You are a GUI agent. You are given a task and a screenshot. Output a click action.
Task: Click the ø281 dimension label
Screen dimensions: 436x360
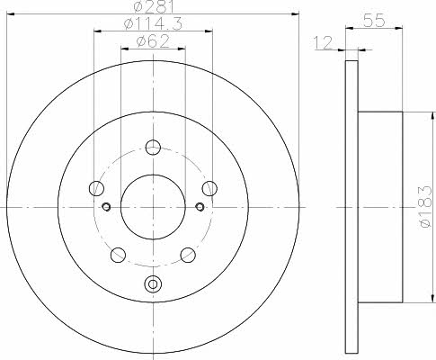pos(154,6)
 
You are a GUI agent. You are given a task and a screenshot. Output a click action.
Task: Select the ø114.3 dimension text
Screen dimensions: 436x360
pos(153,23)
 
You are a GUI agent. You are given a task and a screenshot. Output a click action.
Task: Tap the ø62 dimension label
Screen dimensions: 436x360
pos(153,41)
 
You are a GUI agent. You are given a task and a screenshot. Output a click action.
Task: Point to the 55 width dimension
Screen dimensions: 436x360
pos(374,21)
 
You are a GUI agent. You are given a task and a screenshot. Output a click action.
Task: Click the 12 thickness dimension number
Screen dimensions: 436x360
pos(323,42)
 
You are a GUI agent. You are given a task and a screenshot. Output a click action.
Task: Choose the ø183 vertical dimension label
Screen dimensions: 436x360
pos(426,206)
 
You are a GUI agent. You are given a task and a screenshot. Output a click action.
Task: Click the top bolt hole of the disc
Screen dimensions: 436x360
pos(153,148)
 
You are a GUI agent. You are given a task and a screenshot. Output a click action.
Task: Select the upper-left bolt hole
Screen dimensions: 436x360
pos(96,188)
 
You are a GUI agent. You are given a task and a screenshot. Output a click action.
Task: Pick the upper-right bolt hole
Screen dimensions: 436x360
pos(209,188)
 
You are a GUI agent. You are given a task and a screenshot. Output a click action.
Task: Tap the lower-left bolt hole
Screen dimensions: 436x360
pos(118,255)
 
